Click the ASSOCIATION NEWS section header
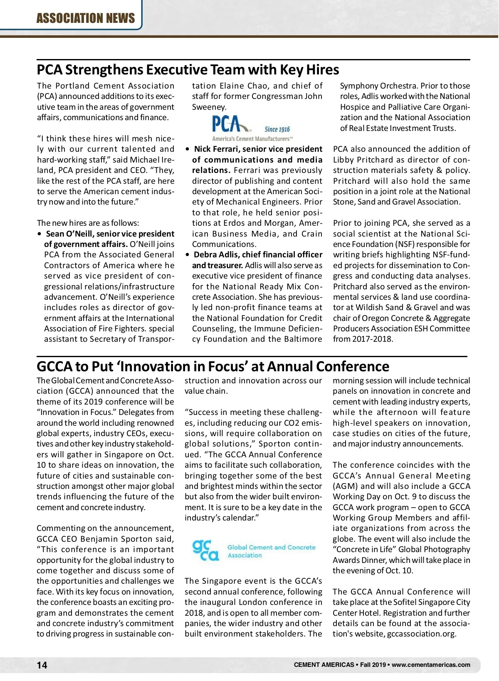[86, 18]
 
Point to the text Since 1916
[277, 129]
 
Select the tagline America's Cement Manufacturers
[252, 139]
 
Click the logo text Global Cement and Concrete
[271, 548]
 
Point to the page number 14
[42, 665]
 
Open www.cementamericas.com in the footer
[431, 665]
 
